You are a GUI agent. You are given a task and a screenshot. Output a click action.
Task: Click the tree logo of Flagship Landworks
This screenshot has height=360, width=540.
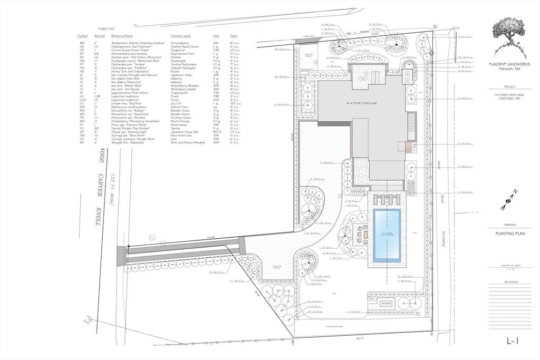509,37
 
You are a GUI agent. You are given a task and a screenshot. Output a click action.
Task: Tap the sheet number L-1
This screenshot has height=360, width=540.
513,342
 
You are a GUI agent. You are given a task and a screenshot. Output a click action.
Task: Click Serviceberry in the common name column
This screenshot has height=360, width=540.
181,42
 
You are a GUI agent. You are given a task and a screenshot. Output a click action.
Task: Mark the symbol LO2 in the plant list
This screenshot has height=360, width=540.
82,100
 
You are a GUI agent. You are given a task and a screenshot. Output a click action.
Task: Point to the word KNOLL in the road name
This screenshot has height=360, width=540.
98,216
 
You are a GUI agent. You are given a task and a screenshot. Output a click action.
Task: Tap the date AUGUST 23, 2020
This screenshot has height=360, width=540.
510,265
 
